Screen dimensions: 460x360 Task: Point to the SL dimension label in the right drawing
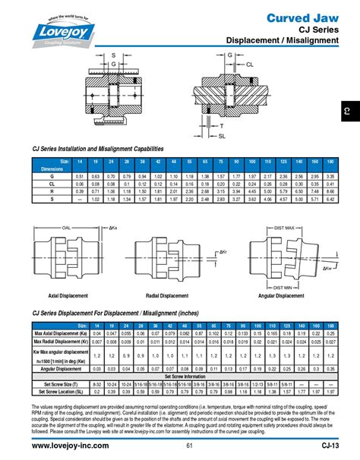coord(223,136)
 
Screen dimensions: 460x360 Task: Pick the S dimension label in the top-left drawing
coord(113,55)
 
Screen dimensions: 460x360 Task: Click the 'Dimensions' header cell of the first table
coord(52,169)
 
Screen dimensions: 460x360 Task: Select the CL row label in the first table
coord(52,184)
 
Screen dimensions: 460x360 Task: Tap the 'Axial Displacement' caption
coord(68,295)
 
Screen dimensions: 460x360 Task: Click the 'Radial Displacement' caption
coord(175,295)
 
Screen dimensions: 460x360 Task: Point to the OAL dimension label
coord(66,228)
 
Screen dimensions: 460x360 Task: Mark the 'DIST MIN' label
coord(282,288)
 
